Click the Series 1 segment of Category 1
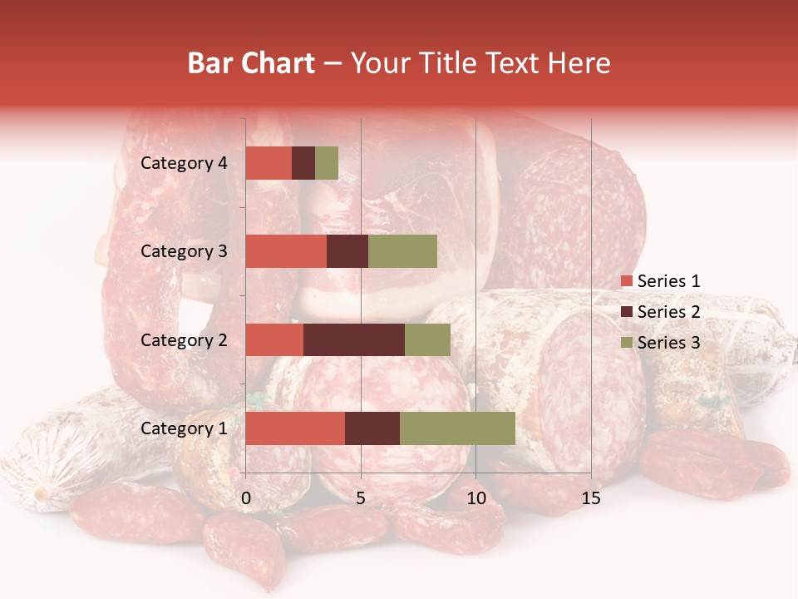click(x=295, y=428)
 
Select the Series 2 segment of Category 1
click(x=372, y=428)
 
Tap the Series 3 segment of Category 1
click(x=457, y=428)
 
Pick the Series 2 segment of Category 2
click(x=354, y=339)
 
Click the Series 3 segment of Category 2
click(x=427, y=339)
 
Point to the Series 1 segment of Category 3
click(x=286, y=251)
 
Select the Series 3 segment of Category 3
click(x=402, y=251)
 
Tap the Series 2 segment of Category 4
click(x=303, y=163)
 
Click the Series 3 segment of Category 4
click(x=327, y=163)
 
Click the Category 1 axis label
click(x=184, y=428)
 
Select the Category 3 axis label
click(x=184, y=251)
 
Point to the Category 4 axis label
click(x=184, y=163)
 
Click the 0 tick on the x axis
click(x=246, y=498)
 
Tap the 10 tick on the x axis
click(x=475, y=498)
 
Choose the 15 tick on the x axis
click(x=590, y=498)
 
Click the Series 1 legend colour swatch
click(x=626, y=281)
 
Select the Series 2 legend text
click(x=668, y=312)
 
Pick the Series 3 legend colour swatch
click(x=626, y=343)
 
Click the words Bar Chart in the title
click(x=251, y=63)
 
